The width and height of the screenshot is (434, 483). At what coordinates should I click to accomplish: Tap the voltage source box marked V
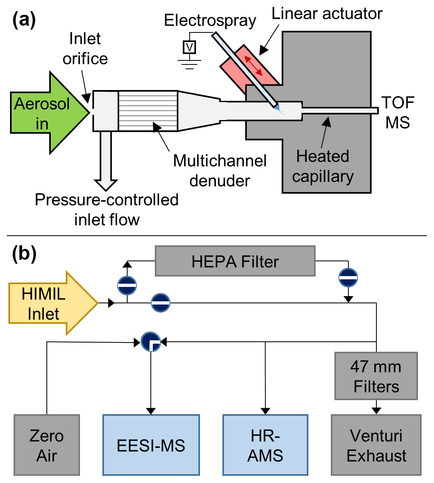click(x=189, y=47)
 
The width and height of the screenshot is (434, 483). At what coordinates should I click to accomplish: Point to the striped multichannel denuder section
click(x=148, y=111)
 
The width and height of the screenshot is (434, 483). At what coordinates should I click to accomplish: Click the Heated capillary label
click(x=322, y=166)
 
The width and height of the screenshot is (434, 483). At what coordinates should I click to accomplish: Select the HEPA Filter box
click(x=235, y=261)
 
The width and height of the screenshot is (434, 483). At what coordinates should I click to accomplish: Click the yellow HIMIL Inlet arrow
click(x=48, y=303)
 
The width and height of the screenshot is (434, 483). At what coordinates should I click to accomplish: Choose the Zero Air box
click(x=47, y=445)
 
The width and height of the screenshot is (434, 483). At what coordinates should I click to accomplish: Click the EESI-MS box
click(x=151, y=445)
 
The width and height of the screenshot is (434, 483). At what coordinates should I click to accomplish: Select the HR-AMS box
click(x=265, y=445)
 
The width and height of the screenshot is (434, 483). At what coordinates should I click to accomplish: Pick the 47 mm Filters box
click(x=376, y=376)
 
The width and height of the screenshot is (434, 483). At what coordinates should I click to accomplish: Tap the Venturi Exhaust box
click(x=376, y=445)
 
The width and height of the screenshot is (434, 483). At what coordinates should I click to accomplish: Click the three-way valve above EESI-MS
click(x=151, y=342)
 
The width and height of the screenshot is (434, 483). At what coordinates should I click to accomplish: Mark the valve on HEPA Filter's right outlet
click(x=348, y=277)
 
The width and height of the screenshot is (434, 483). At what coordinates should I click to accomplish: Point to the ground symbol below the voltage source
click(x=189, y=64)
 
